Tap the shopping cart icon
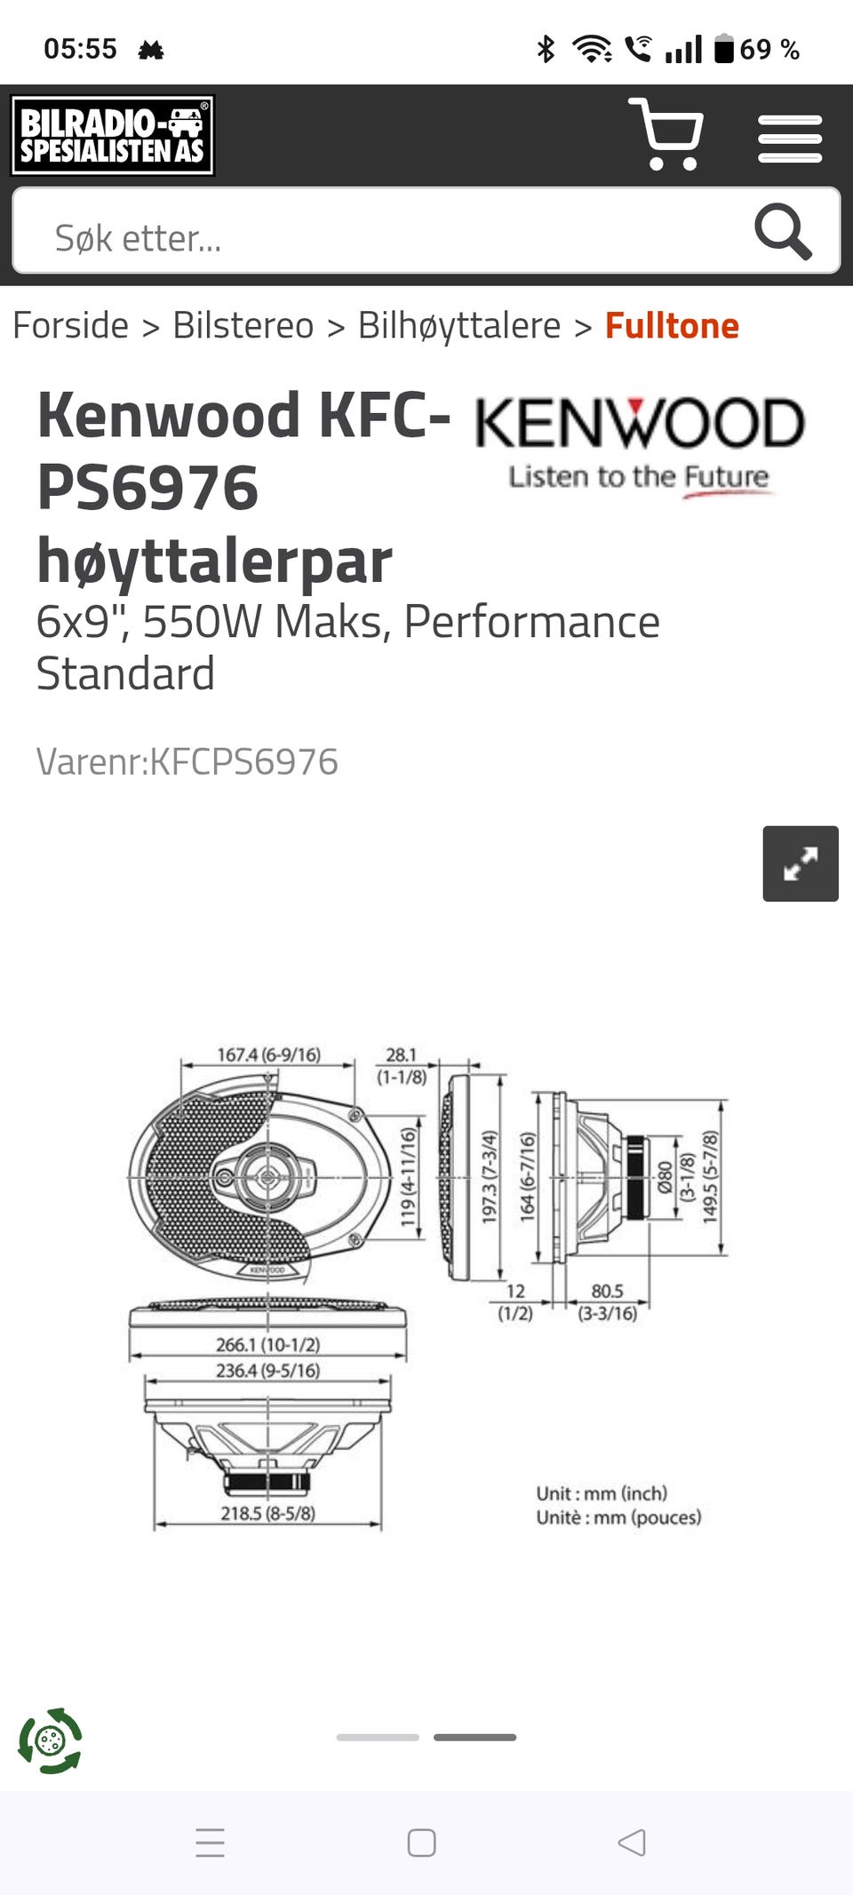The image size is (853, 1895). pos(666,134)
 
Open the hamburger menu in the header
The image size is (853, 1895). pos(790,139)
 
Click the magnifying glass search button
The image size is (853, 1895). pos(783,231)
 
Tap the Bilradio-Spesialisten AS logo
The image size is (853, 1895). pos(113,135)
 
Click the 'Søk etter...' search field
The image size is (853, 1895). pos(382,232)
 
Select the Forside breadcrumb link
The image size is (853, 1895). pos(70,325)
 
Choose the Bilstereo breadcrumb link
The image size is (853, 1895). pos(243,325)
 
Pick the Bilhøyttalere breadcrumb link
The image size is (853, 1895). pos(459,326)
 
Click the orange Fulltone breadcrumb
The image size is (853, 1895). pos(672,325)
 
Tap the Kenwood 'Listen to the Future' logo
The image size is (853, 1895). pos(640,447)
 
